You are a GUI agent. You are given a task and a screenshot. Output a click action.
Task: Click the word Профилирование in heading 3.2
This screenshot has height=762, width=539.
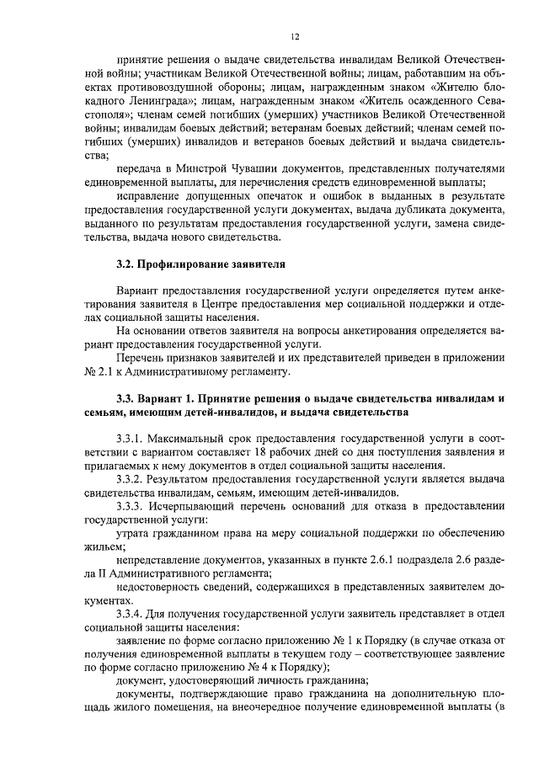click(183, 264)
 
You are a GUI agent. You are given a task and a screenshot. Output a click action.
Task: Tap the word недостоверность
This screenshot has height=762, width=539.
click(160, 589)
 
